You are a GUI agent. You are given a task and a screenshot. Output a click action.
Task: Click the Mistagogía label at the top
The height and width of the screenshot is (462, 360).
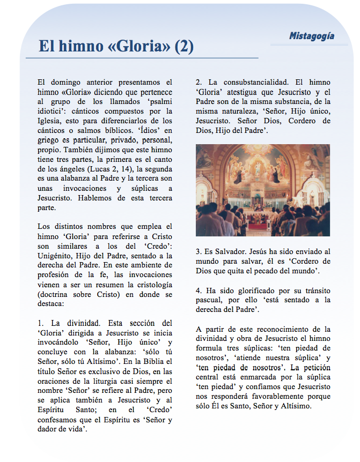(x=311, y=36)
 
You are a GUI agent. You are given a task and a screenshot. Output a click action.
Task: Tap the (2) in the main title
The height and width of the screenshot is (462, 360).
(x=184, y=47)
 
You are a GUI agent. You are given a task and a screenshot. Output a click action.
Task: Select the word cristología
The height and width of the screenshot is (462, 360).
(x=152, y=285)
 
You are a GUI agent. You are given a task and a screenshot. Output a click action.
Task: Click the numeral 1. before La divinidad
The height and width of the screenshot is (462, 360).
(x=41, y=323)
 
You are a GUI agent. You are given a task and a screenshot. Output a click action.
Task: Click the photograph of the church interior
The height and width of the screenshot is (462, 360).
(x=263, y=190)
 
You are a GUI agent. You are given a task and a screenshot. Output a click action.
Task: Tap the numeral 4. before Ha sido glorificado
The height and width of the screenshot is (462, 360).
(x=199, y=290)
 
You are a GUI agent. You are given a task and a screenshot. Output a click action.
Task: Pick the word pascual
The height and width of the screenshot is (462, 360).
(x=211, y=300)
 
